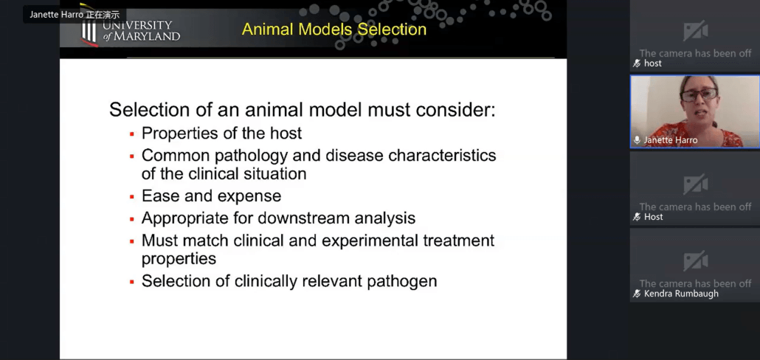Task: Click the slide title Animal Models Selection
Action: [334, 30]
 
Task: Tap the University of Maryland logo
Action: [130, 29]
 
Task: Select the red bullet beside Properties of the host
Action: [131, 134]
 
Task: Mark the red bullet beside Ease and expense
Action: [131, 197]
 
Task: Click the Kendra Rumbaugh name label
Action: [681, 294]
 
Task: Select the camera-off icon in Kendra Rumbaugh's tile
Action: [695, 260]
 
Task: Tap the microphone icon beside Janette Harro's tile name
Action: [637, 140]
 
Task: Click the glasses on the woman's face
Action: [699, 94]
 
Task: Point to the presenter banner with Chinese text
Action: [75, 15]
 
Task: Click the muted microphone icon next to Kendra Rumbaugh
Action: [637, 294]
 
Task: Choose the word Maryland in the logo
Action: [148, 36]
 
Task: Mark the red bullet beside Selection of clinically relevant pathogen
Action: [131, 282]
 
